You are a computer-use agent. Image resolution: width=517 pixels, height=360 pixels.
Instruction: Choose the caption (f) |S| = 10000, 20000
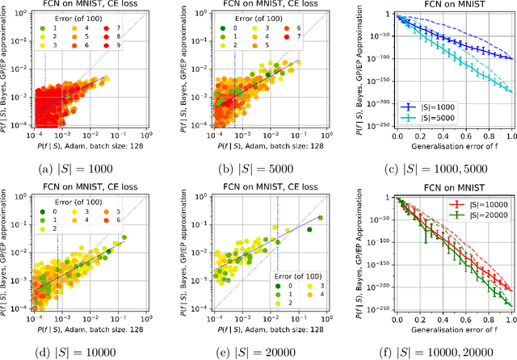[x=432, y=353]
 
